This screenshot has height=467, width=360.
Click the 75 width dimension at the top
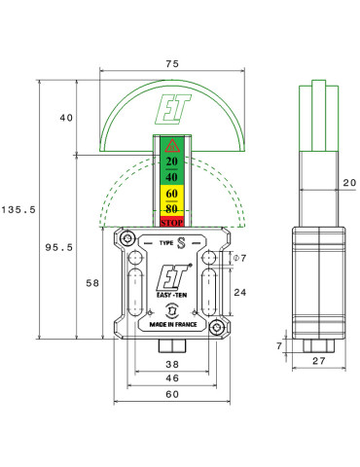[172, 63]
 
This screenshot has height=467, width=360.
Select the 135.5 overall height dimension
[18, 210]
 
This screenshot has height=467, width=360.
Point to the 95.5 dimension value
[59, 247]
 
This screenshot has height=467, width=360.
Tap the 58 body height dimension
[92, 283]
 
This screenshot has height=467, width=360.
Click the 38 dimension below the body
[172, 364]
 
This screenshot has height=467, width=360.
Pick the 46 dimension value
[172, 378]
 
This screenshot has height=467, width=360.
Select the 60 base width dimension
[172, 394]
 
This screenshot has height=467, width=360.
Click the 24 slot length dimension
[240, 293]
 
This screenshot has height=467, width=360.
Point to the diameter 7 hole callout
[240, 258]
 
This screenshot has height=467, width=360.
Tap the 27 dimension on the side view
[319, 361]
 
